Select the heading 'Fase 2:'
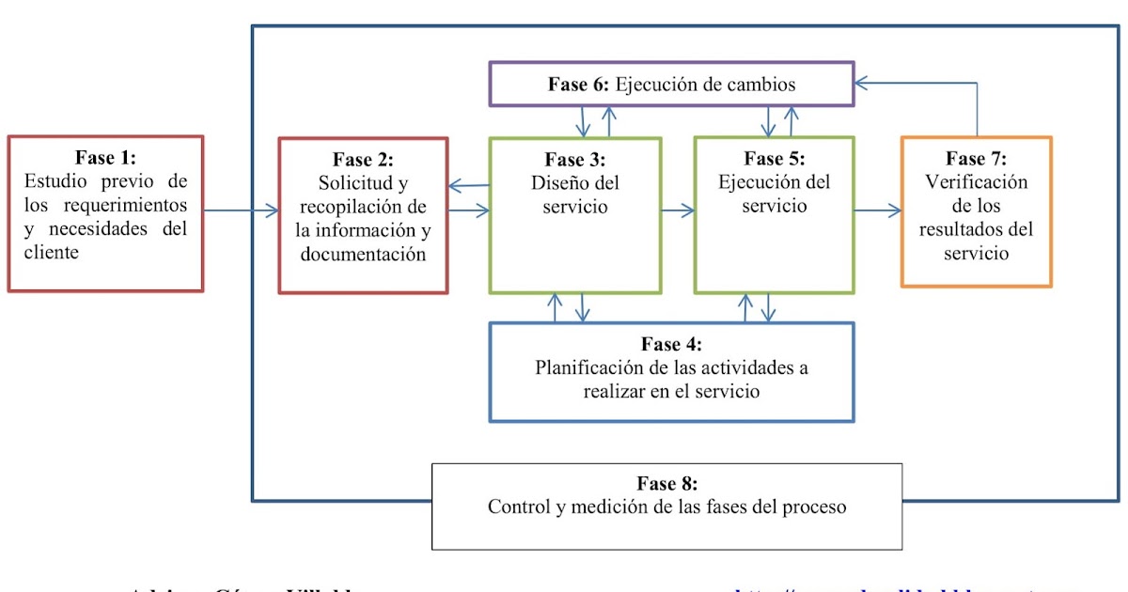tap(363, 160)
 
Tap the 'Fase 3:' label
tap(574, 159)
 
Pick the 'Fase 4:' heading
tap(671, 345)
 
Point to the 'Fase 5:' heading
tap(775, 159)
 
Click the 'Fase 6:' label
tap(579, 85)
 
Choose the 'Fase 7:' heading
tap(977, 159)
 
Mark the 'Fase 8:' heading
tap(667, 484)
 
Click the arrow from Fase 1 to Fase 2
tap(241, 210)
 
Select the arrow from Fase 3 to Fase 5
tap(677, 211)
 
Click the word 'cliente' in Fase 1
tap(53, 252)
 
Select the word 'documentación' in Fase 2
tap(363, 254)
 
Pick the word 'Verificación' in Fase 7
tap(977, 182)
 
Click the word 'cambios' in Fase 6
tap(761, 85)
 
